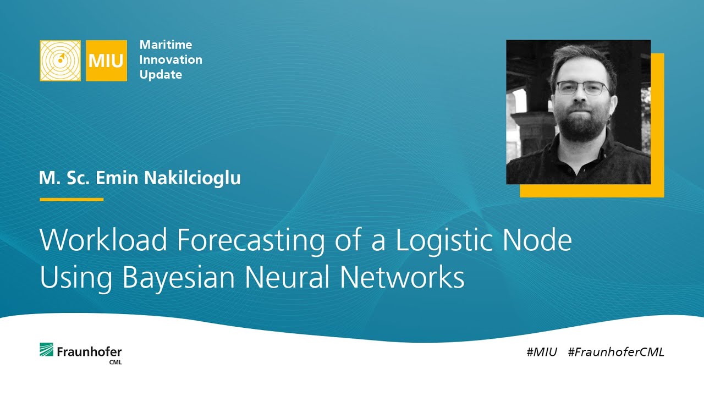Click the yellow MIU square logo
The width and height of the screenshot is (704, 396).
(x=106, y=61)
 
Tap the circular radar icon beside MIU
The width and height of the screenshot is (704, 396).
(x=61, y=61)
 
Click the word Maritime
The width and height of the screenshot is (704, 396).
(x=166, y=45)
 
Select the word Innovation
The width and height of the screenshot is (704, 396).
(x=170, y=59)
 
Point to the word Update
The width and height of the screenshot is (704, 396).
(x=161, y=74)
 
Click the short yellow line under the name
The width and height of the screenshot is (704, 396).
(x=71, y=199)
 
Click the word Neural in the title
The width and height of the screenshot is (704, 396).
(x=288, y=278)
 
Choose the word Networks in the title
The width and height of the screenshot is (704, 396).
(x=402, y=278)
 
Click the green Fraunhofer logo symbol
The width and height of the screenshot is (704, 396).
(x=46, y=350)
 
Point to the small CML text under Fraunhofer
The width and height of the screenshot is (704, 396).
(x=115, y=362)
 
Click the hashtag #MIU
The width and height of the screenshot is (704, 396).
(x=542, y=352)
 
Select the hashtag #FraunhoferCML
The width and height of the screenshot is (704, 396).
(x=616, y=352)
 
